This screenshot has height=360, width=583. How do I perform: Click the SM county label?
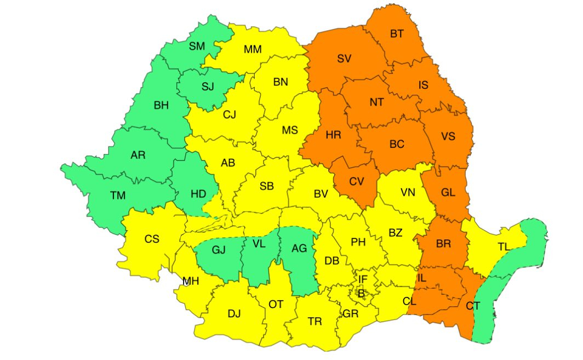(197, 46)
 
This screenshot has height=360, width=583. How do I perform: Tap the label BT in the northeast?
(397, 34)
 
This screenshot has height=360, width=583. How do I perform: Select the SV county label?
(344, 59)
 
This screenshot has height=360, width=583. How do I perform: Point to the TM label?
(117, 196)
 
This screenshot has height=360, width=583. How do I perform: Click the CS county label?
(152, 239)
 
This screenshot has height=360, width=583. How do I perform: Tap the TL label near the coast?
(504, 247)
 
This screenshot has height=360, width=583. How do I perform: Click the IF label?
(362, 279)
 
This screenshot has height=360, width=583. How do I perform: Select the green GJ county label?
(219, 250)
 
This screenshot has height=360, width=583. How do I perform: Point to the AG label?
(299, 248)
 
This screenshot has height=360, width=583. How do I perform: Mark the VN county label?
(408, 192)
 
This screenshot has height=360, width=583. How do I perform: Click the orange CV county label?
(356, 181)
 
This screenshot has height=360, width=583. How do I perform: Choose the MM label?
(253, 49)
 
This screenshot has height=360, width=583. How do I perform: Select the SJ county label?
(208, 86)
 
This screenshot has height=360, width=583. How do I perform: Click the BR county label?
(444, 244)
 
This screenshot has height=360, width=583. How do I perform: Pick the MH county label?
(191, 282)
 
